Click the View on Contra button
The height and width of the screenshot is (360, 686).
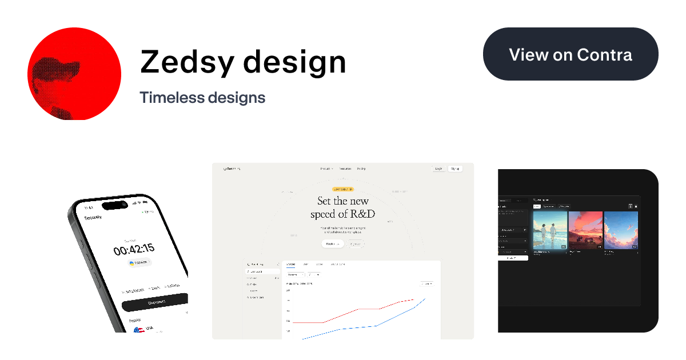[571, 54]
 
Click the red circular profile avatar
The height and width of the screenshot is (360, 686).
[74, 73]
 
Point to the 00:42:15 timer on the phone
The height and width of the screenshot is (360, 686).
[134, 250]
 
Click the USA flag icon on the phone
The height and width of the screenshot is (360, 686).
[138, 330]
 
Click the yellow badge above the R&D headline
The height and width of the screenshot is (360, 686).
[343, 189]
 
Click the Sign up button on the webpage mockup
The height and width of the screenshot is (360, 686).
[455, 169]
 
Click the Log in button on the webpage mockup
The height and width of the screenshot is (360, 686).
[438, 169]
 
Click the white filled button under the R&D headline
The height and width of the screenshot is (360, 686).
[332, 244]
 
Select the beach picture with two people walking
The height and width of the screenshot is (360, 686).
[550, 230]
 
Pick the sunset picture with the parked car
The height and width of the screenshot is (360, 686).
[585, 230]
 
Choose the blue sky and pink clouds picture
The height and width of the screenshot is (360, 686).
[621, 230]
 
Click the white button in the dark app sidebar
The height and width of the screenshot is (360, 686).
[513, 258]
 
